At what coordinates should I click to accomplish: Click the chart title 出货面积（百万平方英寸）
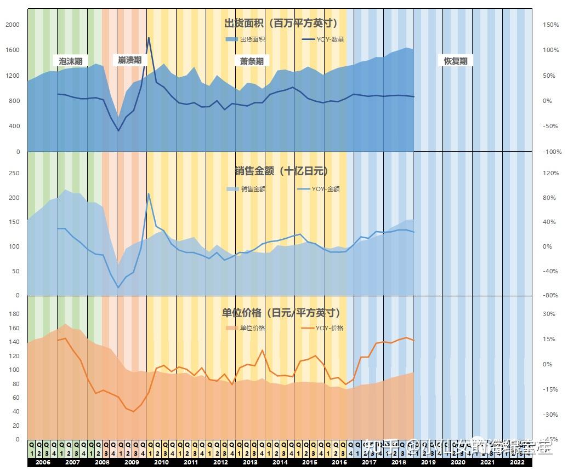click(x=281, y=23)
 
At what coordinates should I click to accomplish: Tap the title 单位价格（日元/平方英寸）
click(x=281, y=313)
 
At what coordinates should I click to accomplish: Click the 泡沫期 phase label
click(x=71, y=61)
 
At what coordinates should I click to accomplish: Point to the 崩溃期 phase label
click(x=129, y=60)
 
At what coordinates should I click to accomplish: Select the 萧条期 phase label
click(x=252, y=61)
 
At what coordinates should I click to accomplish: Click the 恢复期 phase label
click(x=456, y=61)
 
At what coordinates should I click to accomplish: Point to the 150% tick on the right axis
click(x=551, y=25)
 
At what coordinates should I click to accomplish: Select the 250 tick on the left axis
click(x=13, y=173)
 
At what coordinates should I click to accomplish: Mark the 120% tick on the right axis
click(x=551, y=173)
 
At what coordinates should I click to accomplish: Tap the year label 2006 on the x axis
click(x=42, y=463)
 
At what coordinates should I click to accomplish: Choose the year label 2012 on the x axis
click(x=220, y=463)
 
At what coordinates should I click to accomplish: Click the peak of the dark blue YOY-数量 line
click(x=149, y=38)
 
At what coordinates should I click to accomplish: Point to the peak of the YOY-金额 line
click(x=149, y=193)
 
